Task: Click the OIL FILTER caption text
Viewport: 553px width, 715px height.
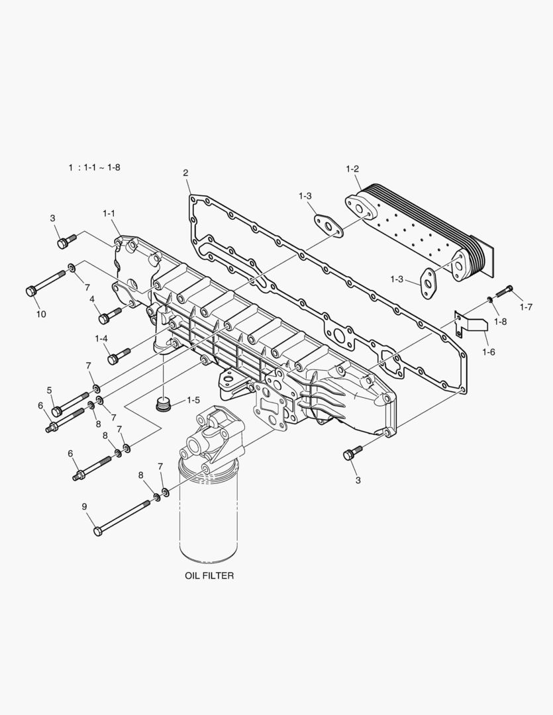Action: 209,576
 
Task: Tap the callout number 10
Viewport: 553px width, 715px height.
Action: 40,314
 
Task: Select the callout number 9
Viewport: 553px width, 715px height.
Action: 84,506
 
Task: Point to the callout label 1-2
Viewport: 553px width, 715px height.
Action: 352,169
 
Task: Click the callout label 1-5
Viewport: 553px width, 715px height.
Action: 193,401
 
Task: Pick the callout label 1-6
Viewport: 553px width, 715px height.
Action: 488,352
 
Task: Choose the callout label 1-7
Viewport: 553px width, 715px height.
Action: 527,307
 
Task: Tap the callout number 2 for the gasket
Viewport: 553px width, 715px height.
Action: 186,173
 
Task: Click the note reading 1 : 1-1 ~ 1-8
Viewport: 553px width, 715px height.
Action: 94,167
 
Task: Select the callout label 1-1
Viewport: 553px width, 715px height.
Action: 109,213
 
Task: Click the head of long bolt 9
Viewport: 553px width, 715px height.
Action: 98,531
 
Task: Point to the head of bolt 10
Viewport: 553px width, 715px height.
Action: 30,291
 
